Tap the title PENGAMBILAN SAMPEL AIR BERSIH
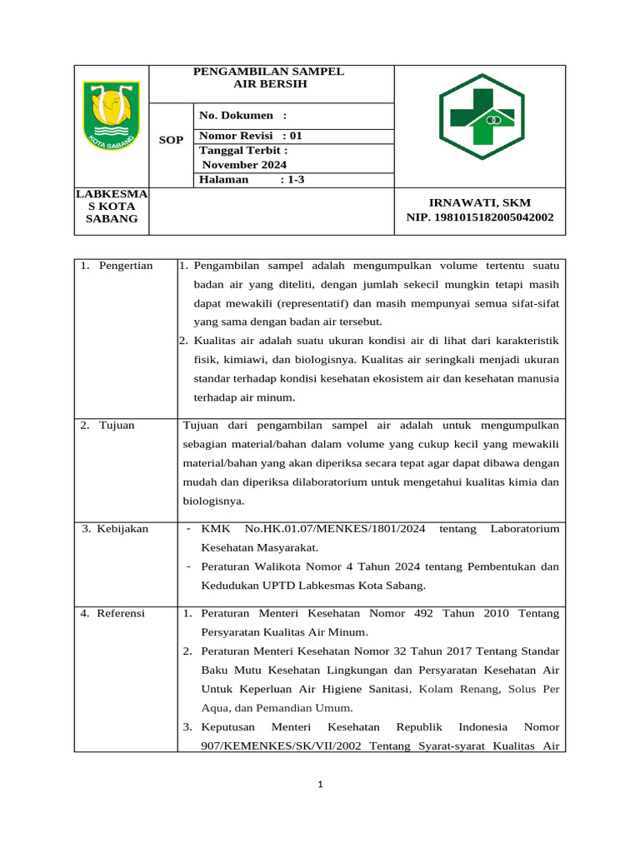pyautogui.click(x=269, y=77)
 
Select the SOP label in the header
pyautogui.click(x=171, y=140)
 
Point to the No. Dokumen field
pyautogui.click(x=242, y=116)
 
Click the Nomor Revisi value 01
pyautogui.click(x=297, y=136)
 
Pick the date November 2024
pyautogui.click(x=238, y=165)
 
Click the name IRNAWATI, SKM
pyautogui.click(x=479, y=202)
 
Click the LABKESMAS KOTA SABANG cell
pyautogui.click(x=112, y=206)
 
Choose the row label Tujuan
pyautogui.click(x=116, y=425)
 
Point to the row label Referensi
pyautogui.click(x=120, y=613)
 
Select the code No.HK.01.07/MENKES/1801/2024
pyautogui.click(x=336, y=528)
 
